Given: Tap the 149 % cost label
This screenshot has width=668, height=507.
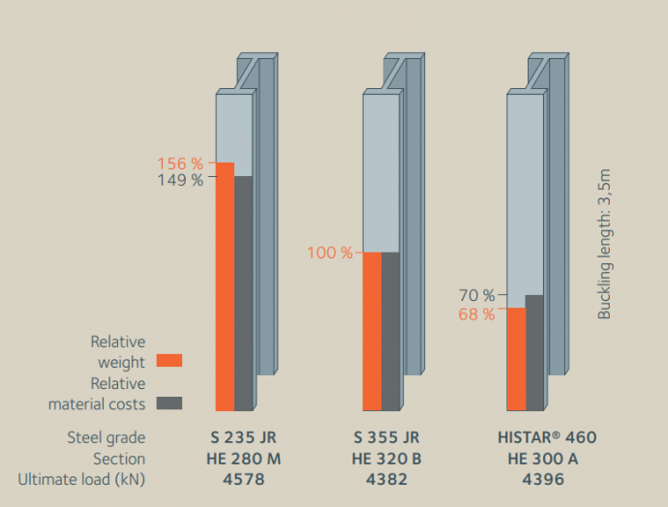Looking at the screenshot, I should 180,179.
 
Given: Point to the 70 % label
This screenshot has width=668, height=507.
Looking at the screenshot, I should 476,295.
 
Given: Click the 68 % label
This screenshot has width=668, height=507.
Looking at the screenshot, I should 476,314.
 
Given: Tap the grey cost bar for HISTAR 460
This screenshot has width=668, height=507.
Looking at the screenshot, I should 534,352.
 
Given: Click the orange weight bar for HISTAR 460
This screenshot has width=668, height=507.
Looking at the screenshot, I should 516,359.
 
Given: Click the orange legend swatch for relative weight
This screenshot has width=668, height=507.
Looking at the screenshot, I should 169,361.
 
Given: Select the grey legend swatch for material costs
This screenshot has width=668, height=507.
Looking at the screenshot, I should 169,403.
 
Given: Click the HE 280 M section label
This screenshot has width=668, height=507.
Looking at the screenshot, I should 247,459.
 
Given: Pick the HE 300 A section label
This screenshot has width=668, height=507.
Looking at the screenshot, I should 542,459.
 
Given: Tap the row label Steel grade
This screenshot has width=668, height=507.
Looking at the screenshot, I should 106,437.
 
